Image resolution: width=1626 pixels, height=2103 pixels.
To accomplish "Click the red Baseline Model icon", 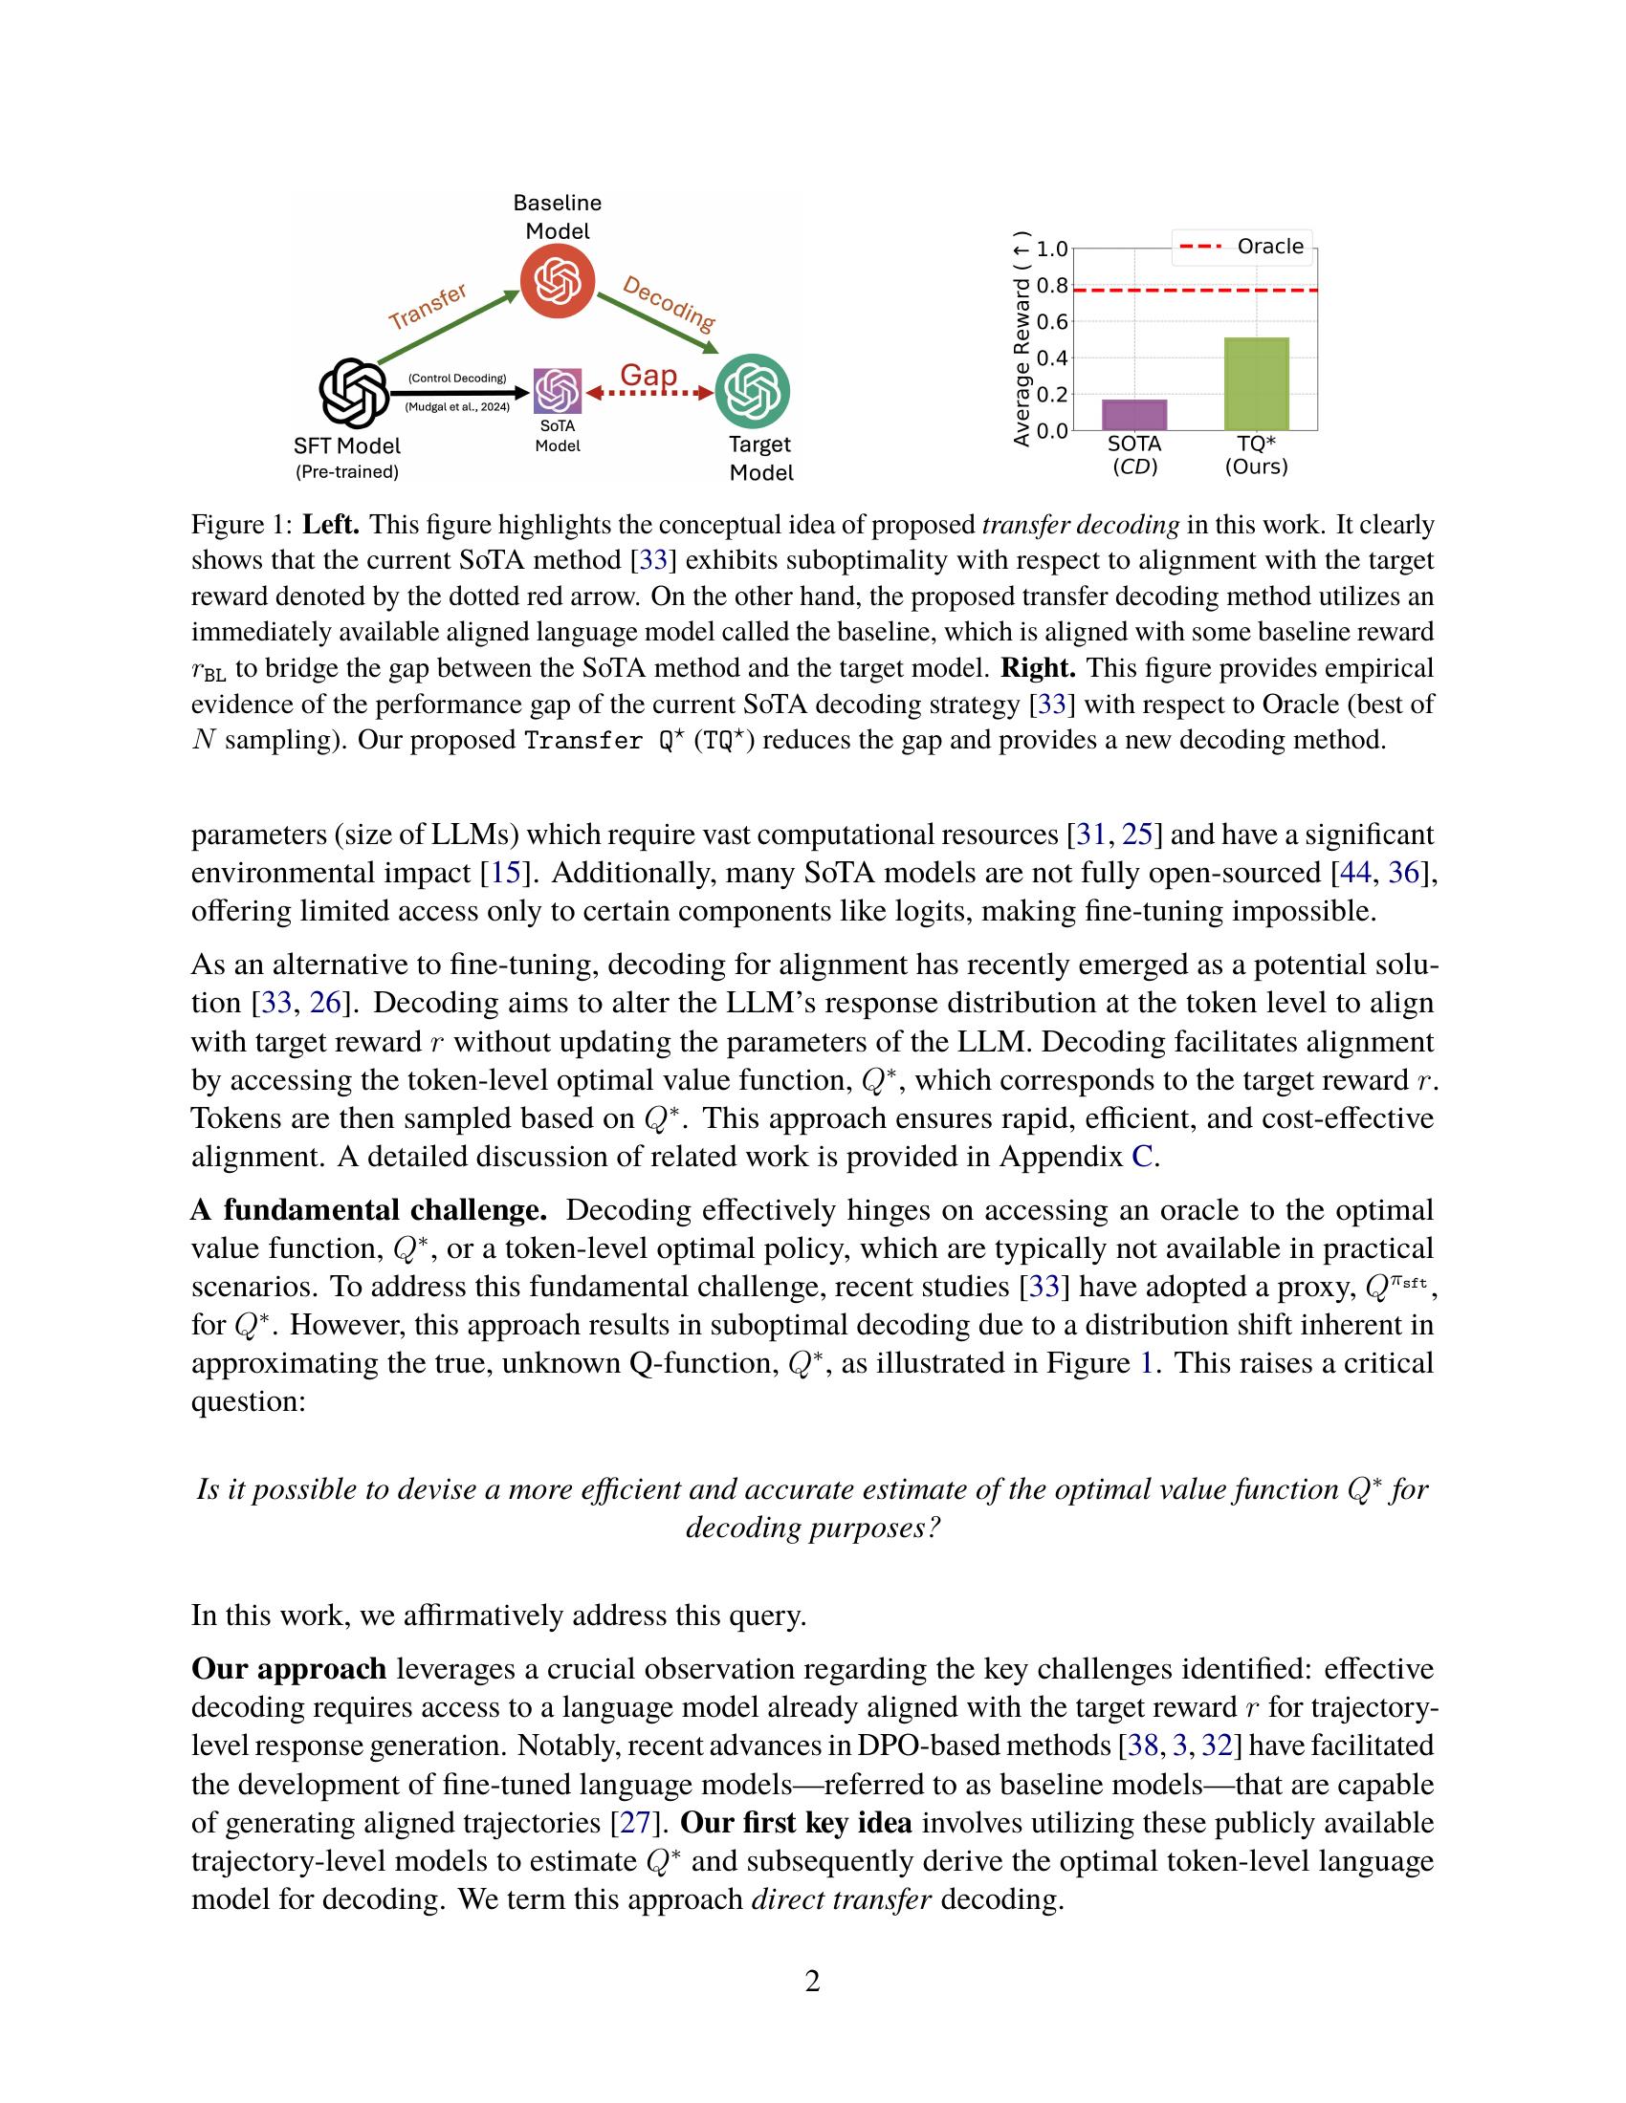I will (557, 281).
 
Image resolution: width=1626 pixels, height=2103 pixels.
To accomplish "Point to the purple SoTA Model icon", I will (558, 391).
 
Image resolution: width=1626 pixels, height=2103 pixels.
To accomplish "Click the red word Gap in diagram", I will (648, 376).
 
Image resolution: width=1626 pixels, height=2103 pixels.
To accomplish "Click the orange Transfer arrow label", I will (427, 306).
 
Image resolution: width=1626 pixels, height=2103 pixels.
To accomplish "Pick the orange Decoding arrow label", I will (669, 302).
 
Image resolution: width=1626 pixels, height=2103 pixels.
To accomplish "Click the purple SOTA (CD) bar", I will (1133, 414).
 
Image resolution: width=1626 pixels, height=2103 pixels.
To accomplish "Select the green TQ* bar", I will (1256, 383).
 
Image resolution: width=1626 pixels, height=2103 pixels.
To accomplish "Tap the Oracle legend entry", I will (1243, 247).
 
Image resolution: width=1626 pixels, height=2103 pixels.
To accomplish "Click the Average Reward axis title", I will (1022, 339).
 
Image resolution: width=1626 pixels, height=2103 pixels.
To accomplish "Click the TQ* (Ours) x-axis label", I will (1256, 455).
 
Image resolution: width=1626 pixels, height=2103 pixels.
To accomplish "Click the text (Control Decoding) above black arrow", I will (457, 379).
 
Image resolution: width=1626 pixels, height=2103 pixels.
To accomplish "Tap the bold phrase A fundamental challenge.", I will (369, 1210).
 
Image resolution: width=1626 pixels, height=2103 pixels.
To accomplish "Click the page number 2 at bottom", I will (812, 1982).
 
